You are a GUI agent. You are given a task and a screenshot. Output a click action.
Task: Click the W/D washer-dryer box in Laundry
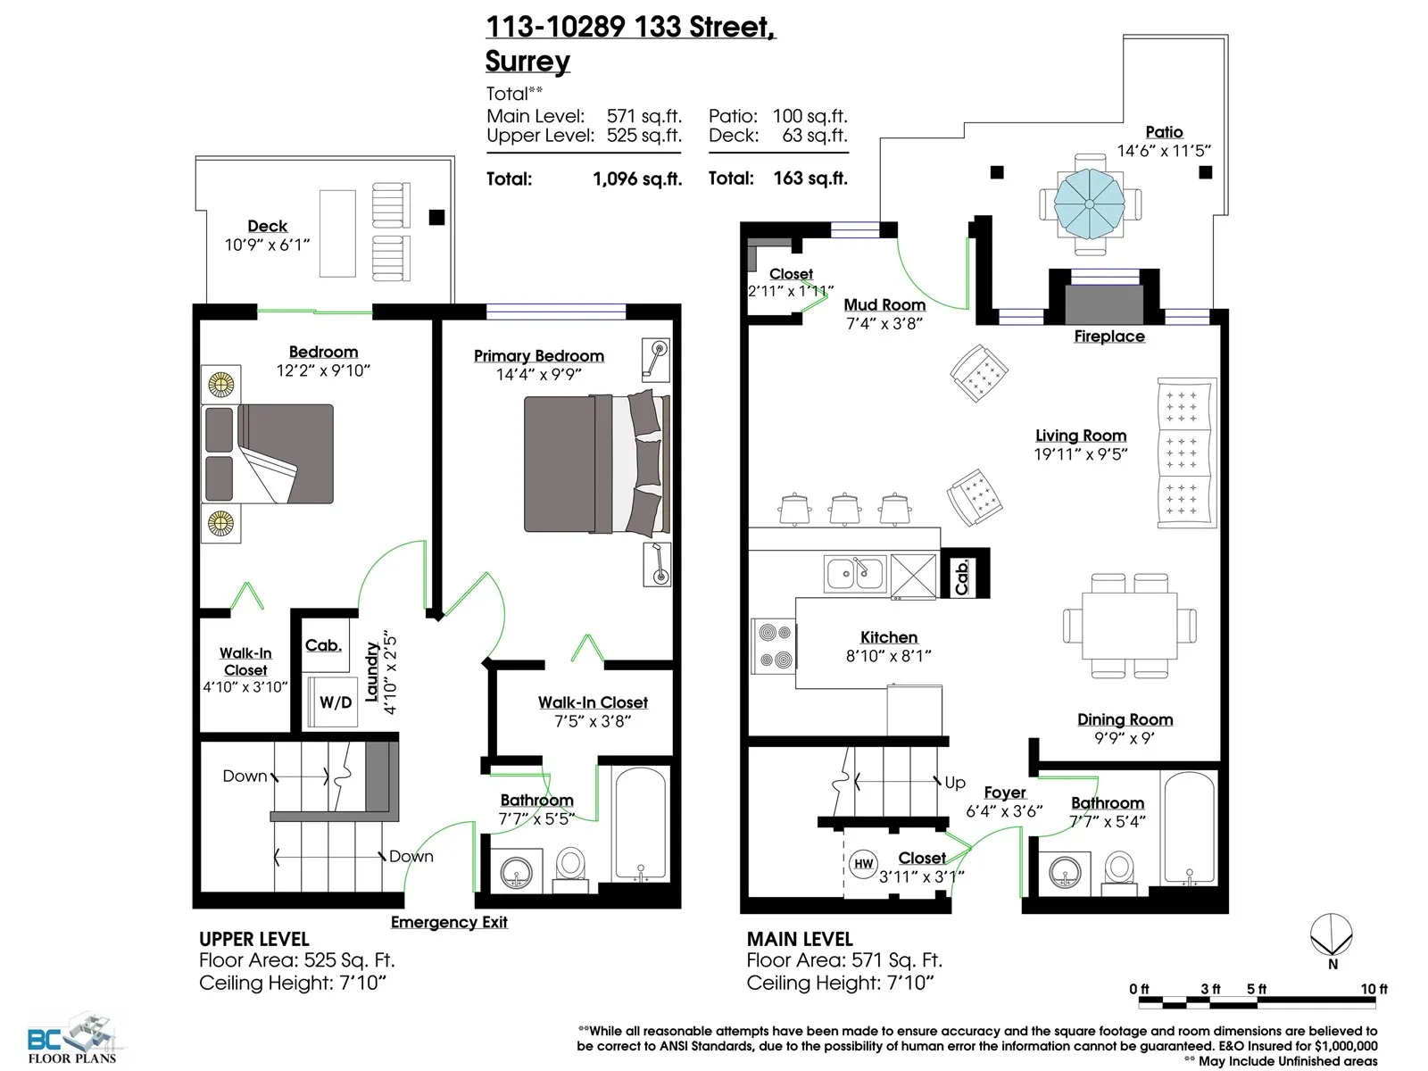(332, 702)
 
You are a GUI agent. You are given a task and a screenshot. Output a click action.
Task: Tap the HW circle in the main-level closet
(863, 864)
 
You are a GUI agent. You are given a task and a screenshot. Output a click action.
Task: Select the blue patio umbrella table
(1090, 203)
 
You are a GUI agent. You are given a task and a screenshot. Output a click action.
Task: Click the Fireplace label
(1109, 336)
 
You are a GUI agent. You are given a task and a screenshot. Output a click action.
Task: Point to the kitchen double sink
(855, 574)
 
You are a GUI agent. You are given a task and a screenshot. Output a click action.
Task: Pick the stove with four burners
(774, 645)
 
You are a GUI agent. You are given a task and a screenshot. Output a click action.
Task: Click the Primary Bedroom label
(539, 356)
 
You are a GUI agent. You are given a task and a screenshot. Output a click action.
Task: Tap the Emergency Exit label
(449, 922)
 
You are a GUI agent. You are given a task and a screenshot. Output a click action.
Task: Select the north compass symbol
(1332, 941)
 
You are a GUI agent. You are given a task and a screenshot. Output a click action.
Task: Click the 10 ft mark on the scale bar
(1374, 989)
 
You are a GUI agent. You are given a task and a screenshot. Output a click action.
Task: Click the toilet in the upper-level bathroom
(570, 869)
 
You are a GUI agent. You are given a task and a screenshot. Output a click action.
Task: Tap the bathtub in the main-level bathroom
(1189, 828)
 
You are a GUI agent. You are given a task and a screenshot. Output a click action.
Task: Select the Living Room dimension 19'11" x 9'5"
(1081, 454)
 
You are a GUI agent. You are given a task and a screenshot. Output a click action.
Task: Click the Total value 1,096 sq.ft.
(637, 178)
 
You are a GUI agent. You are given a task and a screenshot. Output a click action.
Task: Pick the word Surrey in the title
(527, 61)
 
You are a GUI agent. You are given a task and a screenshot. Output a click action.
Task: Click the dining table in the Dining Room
(1129, 626)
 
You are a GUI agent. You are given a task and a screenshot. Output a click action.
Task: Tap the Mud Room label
(884, 305)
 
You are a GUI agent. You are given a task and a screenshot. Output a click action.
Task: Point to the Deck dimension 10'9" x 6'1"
(267, 245)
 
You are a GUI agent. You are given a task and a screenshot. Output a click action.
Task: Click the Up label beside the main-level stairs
(955, 783)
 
